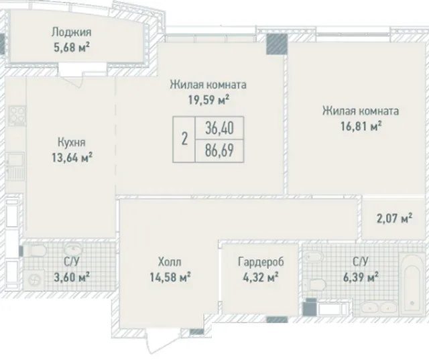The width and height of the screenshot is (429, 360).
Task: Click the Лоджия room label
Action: (x=72, y=32)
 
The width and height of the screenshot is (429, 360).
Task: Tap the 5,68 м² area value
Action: (x=72, y=48)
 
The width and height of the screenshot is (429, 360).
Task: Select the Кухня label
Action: (x=72, y=142)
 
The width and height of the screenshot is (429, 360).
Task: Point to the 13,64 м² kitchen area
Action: (x=72, y=158)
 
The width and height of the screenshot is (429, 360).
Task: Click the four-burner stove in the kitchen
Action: (x=17, y=116)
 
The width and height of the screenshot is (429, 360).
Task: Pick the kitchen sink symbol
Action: (x=15, y=166)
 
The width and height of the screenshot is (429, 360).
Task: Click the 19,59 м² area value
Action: (x=208, y=100)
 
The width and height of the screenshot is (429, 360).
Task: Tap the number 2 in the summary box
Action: (x=185, y=139)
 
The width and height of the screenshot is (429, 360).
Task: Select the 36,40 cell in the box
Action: (x=219, y=128)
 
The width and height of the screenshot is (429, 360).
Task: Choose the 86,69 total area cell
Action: (x=219, y=150)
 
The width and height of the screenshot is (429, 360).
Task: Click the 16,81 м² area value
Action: (x=361, y=127)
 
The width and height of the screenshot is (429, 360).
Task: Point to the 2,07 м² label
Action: (x=394, y=219)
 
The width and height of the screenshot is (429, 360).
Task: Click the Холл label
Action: (x=170, y=262)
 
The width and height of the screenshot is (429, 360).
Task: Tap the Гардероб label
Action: (x=261, y=262)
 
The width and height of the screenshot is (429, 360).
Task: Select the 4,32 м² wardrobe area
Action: (x=261, y=277)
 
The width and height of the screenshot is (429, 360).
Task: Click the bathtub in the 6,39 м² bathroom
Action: (x=412, y=285)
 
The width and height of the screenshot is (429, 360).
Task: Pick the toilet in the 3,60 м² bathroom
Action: (x=37, y=250)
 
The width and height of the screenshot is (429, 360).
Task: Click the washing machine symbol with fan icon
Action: (x=34, y=280)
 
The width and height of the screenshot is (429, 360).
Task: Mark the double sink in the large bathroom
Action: (x=379, y=308)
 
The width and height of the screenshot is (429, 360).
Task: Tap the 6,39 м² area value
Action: (x=361, y=277)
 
